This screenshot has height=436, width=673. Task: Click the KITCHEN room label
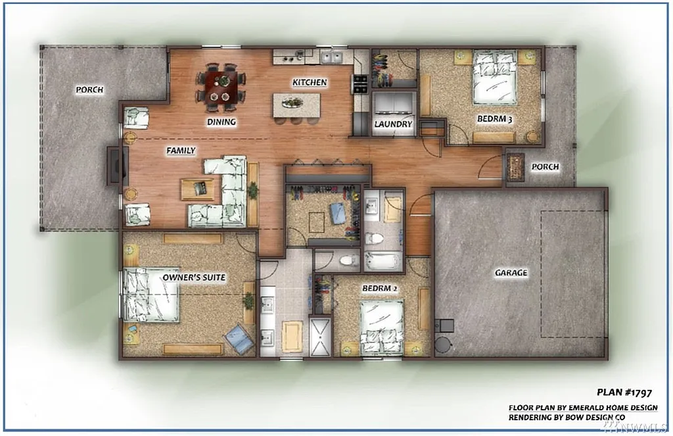310,83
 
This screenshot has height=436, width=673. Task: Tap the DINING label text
221,122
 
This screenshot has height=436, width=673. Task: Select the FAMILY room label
181,151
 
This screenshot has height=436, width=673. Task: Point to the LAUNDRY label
393,124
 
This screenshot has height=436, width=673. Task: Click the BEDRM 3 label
494,119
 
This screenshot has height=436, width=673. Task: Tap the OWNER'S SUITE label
193,278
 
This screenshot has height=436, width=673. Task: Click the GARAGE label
511,272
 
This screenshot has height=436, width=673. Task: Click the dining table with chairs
221,87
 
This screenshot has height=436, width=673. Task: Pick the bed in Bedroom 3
494,78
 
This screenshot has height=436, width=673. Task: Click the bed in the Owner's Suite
151,295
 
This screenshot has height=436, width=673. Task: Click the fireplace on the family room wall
114,164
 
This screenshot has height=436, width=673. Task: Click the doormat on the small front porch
514,167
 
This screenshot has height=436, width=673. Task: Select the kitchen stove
360,84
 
